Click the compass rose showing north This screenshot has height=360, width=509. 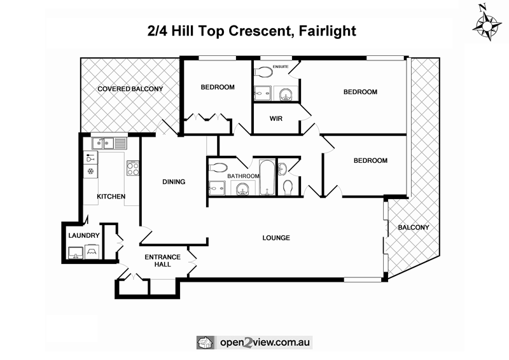[x=487, y=22]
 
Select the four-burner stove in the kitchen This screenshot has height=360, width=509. [x=133, y=169]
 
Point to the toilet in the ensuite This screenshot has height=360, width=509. [x=263, y=73]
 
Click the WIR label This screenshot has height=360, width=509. [x=275, y=118]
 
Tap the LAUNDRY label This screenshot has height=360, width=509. [x=84, y=235]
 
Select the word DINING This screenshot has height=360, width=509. [x=174, y=182]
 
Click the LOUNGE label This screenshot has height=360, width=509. [x=276, y=238]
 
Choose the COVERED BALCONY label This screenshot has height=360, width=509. [x=130, y=89]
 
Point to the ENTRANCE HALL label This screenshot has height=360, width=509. [x=163, y=260]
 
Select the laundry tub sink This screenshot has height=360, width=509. [x=76, y=253]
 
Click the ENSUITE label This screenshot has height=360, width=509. [x=281, y=66]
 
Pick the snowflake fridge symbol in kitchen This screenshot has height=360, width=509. [x=90, y=171]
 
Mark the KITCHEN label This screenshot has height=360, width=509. [x=111, y=197]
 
